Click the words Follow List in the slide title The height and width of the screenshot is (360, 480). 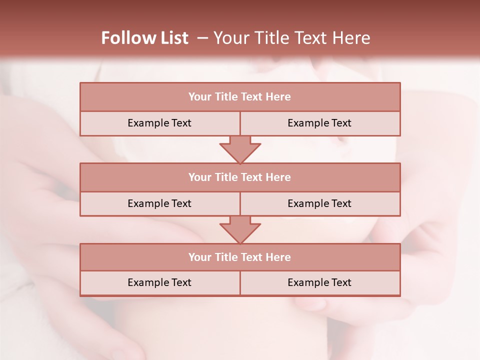[x=144, y=38]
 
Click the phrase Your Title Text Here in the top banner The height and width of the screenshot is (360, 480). [x=291, y=38]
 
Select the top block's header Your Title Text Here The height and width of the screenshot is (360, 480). [x=239, y=97]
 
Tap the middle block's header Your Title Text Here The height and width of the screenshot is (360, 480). [x=239, y=177]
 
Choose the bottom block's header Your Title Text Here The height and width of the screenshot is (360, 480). [x=239, y=257]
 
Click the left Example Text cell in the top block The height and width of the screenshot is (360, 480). [x=159, y=123]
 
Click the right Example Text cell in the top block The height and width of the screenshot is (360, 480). [x=319, y=123]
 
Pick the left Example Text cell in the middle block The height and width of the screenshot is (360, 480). [x=159, y=203]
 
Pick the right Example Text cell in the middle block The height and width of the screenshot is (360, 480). [x=319, y=203]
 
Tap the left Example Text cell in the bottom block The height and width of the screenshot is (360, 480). [x=159, y=283]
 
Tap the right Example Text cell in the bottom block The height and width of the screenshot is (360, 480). [x=319, y=283]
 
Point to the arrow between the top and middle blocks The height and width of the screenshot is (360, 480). [x=240, y=149]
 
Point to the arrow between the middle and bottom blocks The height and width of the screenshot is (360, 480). [x=240, y=229]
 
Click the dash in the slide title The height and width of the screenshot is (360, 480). [x=202, y=38]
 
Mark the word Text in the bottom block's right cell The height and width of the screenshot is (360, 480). [x=341, y=283]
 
